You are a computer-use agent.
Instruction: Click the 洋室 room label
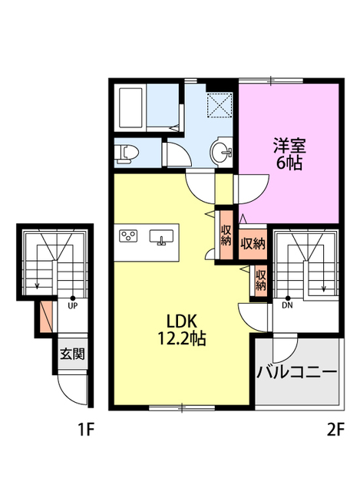(288, 144)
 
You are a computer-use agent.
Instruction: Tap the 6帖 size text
(288, 162)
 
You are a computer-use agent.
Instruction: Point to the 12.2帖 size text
(181, 338)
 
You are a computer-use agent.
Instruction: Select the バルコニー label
(296, 373)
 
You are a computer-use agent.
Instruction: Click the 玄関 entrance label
(72, 355)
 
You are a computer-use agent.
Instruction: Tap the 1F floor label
(86, 430)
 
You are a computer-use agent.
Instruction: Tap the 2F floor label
(335, 430)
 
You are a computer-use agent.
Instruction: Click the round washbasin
(223, 150)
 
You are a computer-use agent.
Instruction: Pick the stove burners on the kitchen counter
(128, 236)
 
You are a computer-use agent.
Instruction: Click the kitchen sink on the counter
(162, 236)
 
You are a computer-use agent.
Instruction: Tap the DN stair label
(287, 305)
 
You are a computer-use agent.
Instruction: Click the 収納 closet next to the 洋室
(253, 244)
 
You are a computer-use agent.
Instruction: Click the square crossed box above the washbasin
(222, 104)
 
